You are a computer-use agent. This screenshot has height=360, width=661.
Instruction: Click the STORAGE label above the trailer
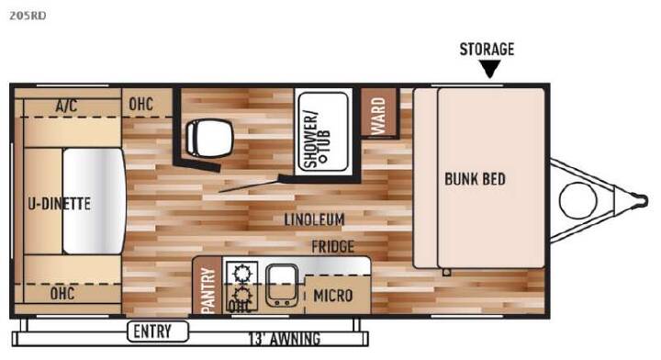point(487,50)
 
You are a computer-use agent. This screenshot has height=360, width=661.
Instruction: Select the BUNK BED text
point(476,179)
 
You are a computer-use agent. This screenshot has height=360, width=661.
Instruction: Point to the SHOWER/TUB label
point(317,140)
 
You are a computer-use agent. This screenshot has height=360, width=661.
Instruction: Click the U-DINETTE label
point(59,204)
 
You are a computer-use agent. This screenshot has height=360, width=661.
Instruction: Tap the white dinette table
point(95,201)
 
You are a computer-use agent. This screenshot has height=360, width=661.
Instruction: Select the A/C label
point(66,106)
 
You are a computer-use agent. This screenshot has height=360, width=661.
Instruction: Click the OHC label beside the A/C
point(140,104)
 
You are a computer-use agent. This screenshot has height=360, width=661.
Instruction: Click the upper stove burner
point(241,273)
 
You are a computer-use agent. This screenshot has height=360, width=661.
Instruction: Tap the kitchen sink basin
point(282,286)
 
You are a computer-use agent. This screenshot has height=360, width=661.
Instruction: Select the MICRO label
point(332,296)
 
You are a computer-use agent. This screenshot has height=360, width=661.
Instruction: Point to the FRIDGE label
point(332,247)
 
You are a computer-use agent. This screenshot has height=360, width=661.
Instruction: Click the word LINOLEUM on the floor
point(315,219)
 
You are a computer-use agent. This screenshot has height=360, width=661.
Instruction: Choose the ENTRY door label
point(151,332)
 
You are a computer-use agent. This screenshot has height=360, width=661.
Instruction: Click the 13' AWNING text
point(284,339)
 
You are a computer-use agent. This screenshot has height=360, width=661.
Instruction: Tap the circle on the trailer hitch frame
point(578,200)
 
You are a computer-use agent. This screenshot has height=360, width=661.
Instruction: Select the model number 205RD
point(28,16)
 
